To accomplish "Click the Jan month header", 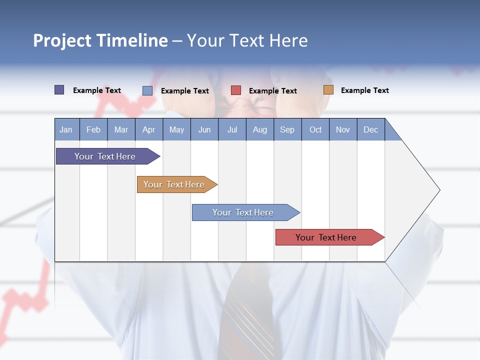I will pyautogui.click(x=66, y=129).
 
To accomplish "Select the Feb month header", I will pyautogui.click(x=93, y=129).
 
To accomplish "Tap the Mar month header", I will pyautogui.click(x=121, y=129).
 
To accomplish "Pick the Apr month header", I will pyautogui.click(x=149, y=129).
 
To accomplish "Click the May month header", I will pyautogui.click(x=176, y=129).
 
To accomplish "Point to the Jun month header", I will pyautogui.click(x=204, y=129).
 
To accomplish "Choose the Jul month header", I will pyautogui.click(x=232, y=129).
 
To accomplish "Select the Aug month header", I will pyautogui.click(x=260, y=129).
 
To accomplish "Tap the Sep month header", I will pyautogui.click(x=287, y=129).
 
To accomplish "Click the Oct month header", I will pyautogui.click(x=315, y=129).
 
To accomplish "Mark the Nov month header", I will pyautogui.click(x=343, y=129).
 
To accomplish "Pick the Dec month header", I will pyautogui.click(x=371, y=129).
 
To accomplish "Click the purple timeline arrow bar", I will pyautogui.click(x=105, y=156).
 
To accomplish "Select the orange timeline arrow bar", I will pyautogui.click(x=174, y=184).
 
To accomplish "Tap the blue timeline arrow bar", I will pyautogui.click(x=243, y=212).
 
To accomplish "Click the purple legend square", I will pyautogui.click(x=59, y=90).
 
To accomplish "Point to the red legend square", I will pyautogui.click(x=236, y=90).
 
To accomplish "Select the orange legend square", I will pyautogui.click(x=328, y=90).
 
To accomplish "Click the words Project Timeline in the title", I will pyautogui.click(x=100, y=40).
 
